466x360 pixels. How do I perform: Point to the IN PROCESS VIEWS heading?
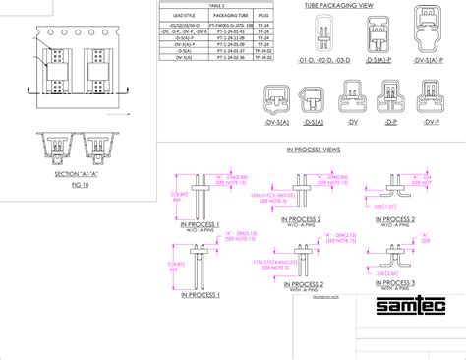click(312, 150)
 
